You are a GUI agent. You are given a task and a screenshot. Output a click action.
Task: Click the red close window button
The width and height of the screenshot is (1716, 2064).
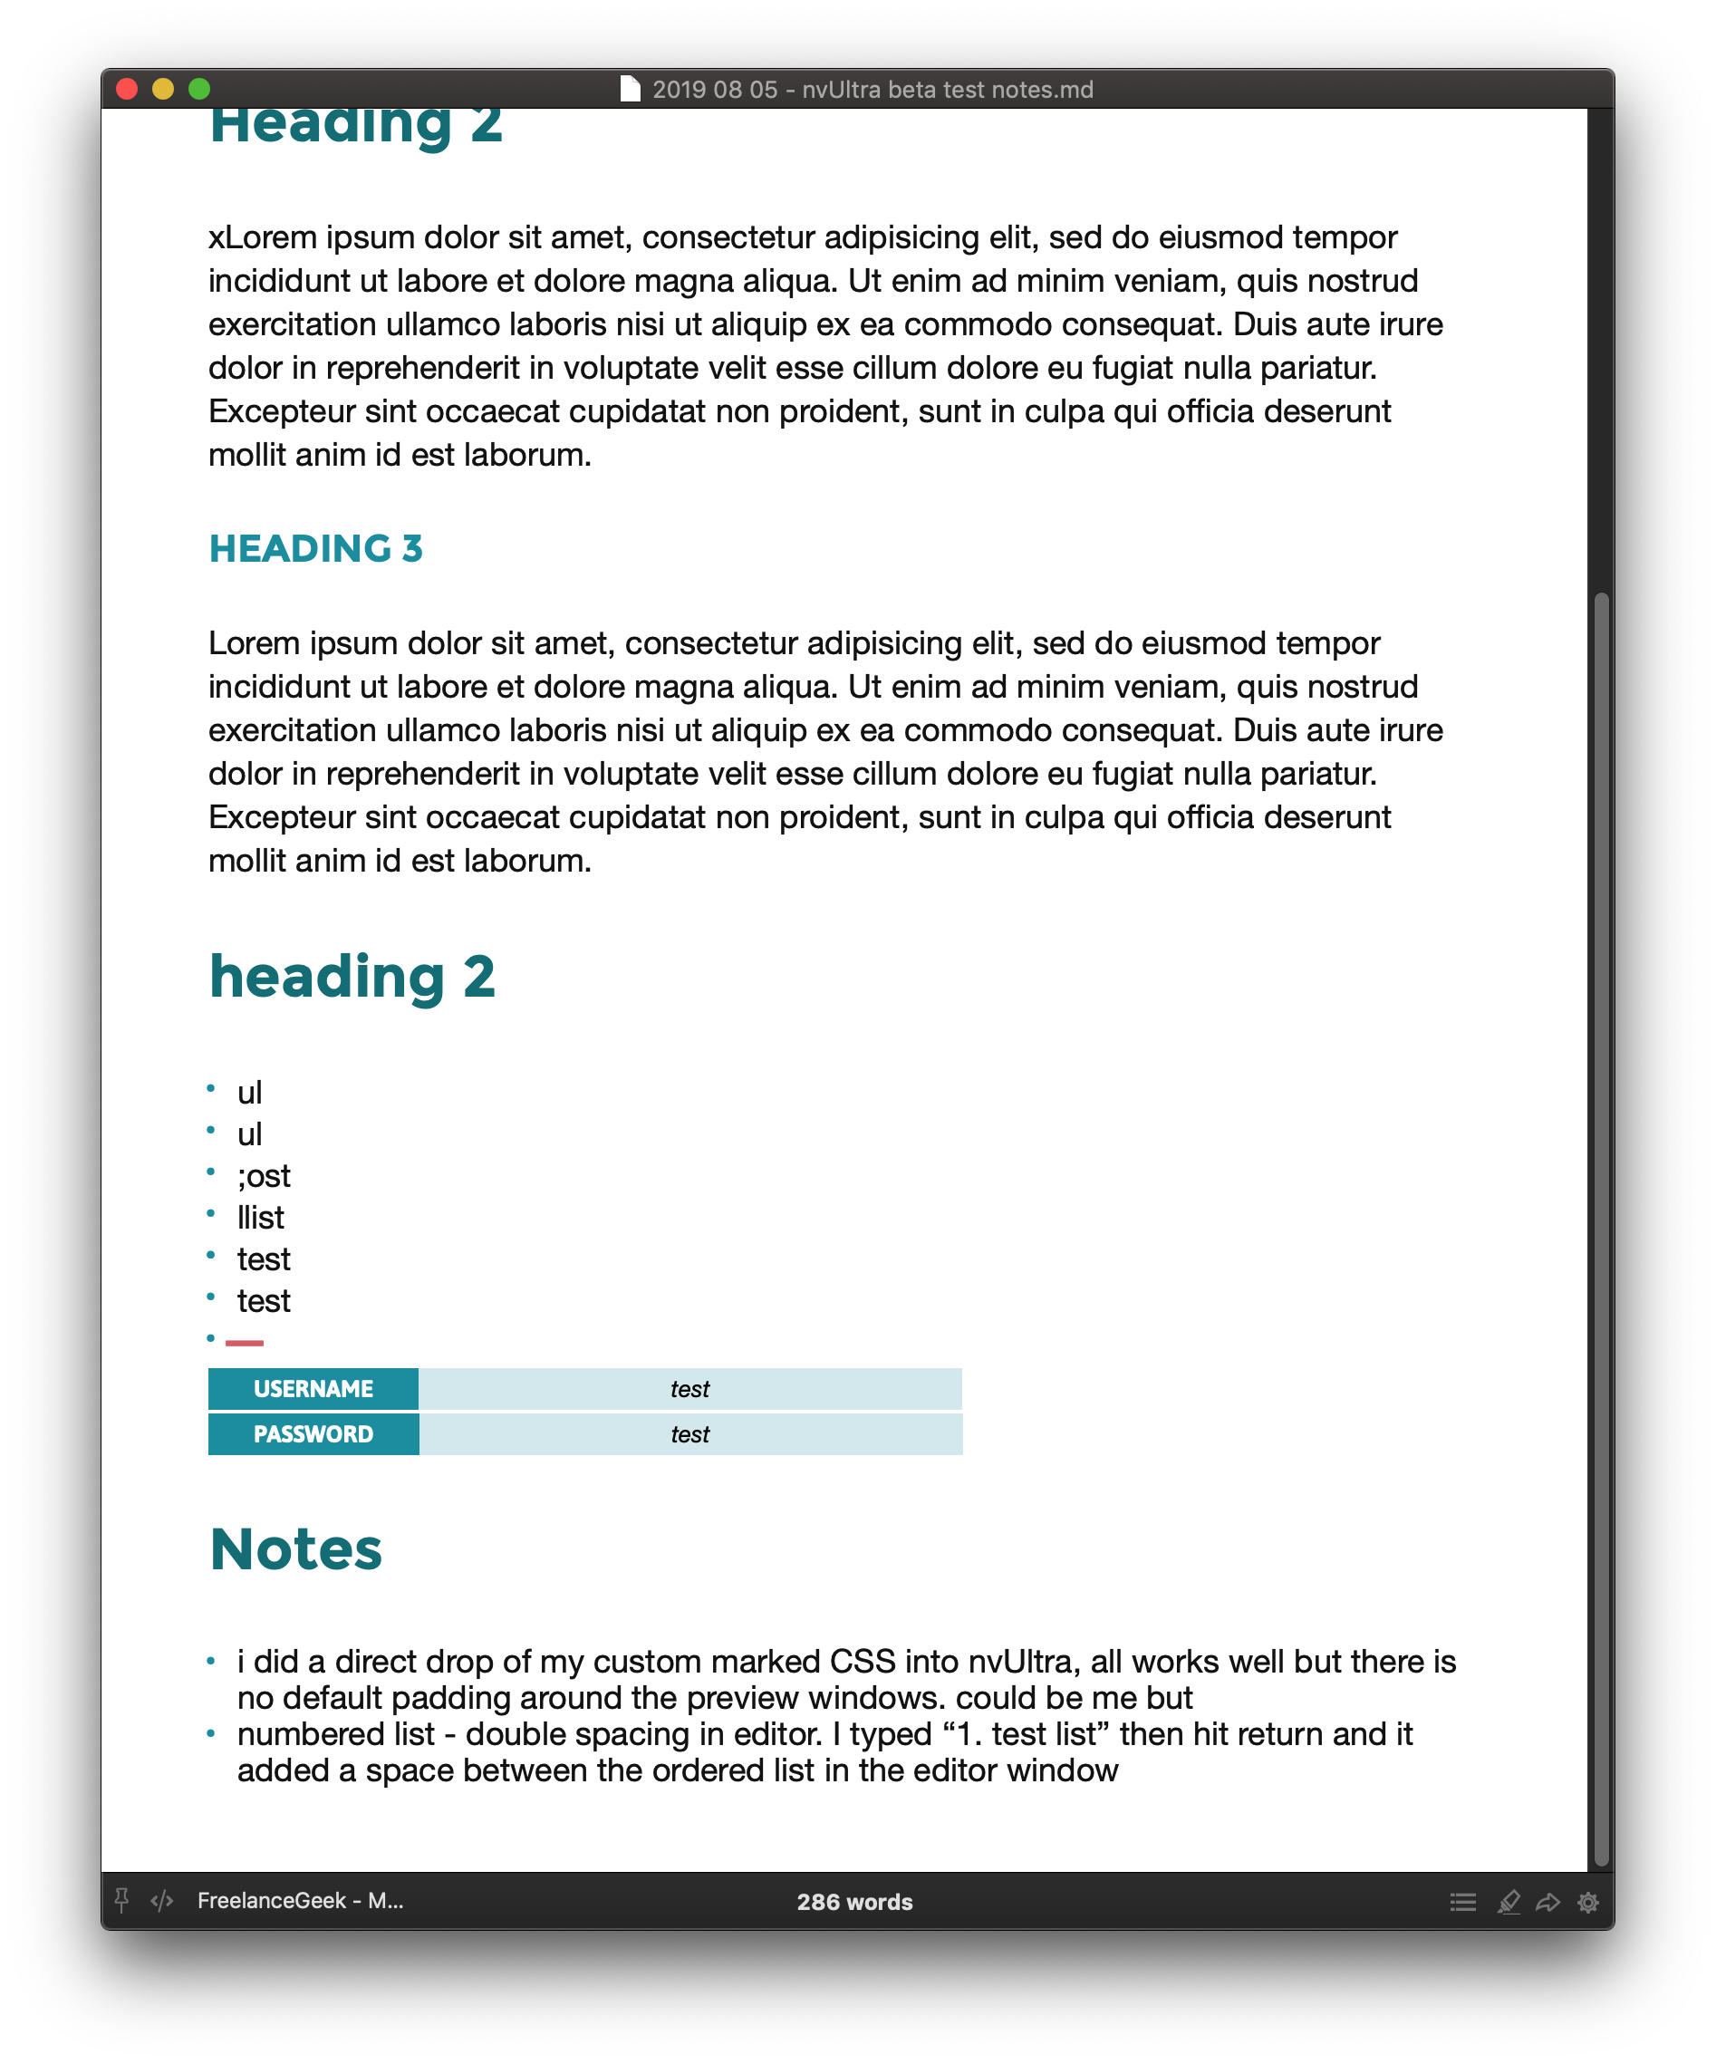[127, 90]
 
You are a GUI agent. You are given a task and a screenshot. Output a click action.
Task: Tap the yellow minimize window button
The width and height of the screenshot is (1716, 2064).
[163, 90]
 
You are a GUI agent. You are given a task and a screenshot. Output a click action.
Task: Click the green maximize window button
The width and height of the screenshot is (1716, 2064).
[199, 90]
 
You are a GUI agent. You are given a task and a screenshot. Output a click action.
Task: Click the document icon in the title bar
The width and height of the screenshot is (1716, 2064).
[630, 90]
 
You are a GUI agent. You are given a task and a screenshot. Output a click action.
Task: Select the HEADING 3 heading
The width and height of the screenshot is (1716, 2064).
[315, 548]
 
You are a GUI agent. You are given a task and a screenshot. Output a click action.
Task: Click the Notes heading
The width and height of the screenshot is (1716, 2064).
[296, 1550]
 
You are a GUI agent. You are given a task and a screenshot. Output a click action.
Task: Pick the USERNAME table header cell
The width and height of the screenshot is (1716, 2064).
[313, 1389]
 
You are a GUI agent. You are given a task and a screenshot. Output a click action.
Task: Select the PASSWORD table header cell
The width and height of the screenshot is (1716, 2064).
[313, 1434]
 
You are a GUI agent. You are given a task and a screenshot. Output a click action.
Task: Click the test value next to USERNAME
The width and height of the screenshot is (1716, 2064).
[690, 1389]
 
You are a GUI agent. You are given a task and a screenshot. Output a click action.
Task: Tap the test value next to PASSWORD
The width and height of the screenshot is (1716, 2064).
[690, 1434]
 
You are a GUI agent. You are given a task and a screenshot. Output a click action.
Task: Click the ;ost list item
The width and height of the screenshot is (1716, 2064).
[264, 1175]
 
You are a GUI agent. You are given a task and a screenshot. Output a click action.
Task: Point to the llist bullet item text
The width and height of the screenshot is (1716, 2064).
[260, 1218]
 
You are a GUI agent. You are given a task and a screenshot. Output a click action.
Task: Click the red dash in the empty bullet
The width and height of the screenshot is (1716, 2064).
[245, 1342]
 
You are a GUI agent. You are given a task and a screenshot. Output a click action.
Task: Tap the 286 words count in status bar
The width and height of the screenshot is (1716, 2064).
[855, 1902]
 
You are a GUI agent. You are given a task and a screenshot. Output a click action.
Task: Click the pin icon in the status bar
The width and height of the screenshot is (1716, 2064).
[122, 1901]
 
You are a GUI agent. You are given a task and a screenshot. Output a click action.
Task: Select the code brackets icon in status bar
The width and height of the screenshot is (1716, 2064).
[162, 1902]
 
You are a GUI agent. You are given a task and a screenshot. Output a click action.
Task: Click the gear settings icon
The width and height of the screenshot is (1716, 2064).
[1588, 1902]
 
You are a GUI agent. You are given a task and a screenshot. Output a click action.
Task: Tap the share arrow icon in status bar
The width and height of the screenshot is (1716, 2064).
[1548, 1902]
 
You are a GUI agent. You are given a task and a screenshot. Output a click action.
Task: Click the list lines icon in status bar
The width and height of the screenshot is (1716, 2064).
[1462, 1902]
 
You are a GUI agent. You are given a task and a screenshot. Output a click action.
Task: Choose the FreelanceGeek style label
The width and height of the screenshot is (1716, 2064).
[301, 1901]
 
